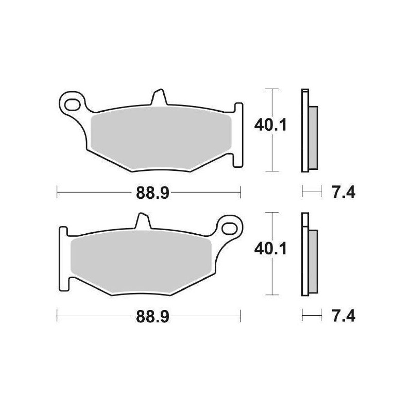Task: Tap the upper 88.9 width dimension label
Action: (x=149, y=194)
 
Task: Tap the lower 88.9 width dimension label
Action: (x=149, y=317)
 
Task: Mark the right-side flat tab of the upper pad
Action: (x=238, y=134)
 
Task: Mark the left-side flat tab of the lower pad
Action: (x=64, y=257)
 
